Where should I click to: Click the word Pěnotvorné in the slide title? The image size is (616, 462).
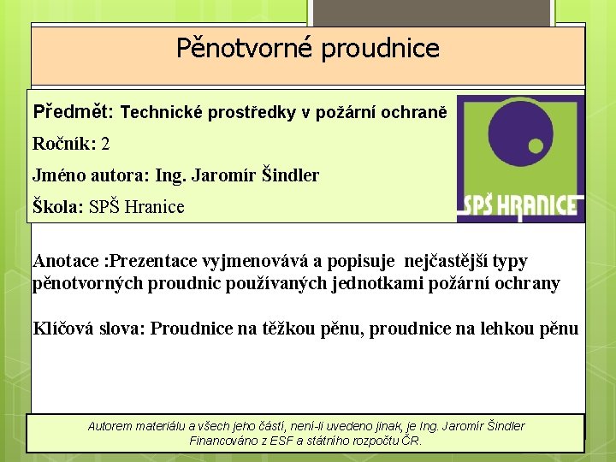[245, 49]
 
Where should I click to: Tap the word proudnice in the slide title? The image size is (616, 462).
[381, 49]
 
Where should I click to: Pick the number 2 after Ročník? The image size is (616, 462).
[105, 144]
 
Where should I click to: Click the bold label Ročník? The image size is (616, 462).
[64, 144]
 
